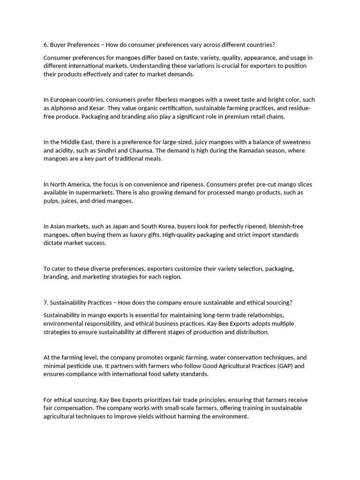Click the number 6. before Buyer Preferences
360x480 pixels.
click(x=46, y=45)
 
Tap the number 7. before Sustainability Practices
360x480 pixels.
click(x=46, y=302)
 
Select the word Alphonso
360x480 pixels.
click(x=63, y=108)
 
